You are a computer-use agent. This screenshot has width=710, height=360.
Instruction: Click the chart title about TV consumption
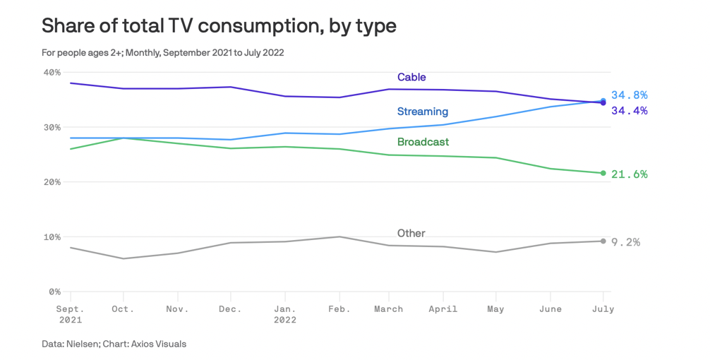[219, 26]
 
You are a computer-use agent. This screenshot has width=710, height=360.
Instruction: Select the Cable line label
[411, 77]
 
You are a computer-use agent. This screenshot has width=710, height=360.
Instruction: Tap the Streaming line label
[422, 112]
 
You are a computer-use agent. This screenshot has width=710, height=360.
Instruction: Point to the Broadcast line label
[423, 142]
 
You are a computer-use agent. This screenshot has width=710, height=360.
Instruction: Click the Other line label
[411, 233]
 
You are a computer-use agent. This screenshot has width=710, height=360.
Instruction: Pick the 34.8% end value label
[630, 95]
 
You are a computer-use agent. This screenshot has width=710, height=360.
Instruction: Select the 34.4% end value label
[630, 111]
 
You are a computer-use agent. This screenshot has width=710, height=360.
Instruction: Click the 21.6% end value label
[630, 174]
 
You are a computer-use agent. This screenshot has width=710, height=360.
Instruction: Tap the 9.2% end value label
[626, 242]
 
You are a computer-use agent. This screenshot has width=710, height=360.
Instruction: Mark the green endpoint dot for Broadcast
[603, 173]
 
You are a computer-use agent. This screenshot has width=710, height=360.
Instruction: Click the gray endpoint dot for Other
[603, 241]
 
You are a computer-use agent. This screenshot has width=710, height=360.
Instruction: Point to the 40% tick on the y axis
[52, 72]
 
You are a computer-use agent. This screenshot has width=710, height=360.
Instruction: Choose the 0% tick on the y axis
[54, 292]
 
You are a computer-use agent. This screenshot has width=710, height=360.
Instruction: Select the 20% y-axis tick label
[52, 182]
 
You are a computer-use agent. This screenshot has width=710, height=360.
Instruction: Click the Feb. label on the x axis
[339, 309]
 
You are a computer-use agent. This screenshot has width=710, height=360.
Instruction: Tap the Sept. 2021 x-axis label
[71, 314]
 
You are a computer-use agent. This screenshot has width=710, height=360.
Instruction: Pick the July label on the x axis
[603, 309]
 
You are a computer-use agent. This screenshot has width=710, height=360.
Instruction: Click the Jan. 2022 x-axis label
[285, 314]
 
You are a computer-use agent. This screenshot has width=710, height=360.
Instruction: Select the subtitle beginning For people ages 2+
[162, 52]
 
